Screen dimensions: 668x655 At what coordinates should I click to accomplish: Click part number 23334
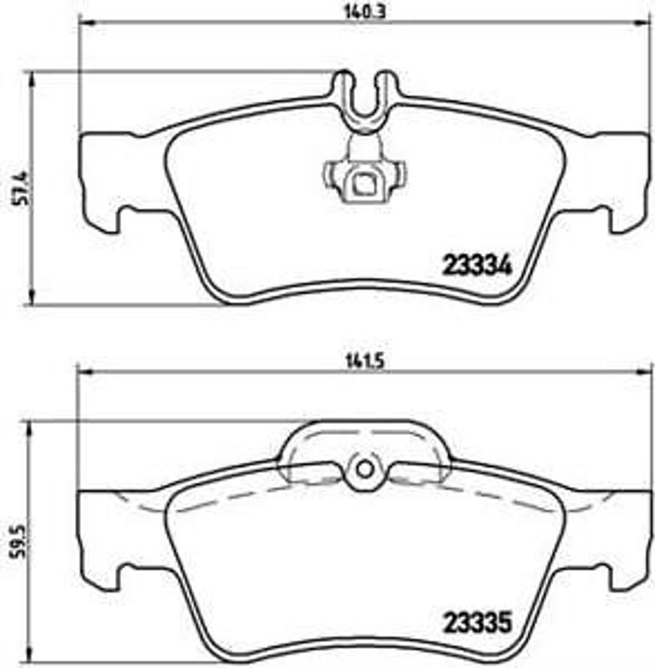[x=473, y=265]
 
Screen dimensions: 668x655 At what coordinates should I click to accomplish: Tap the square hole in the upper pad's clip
[x=364, y=181]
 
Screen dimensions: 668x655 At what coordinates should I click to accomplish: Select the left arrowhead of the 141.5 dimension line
[x=83, y=372]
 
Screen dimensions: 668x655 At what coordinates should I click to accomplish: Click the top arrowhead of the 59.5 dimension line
[x=31, y=426]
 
